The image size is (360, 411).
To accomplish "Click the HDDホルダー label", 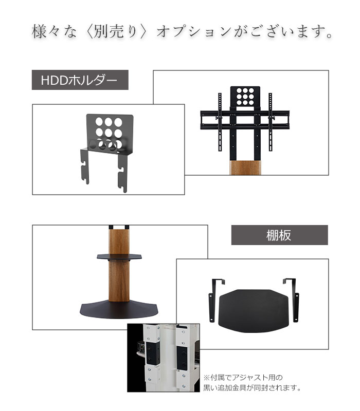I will [80, 80].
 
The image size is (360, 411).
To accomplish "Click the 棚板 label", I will [279, 235].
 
